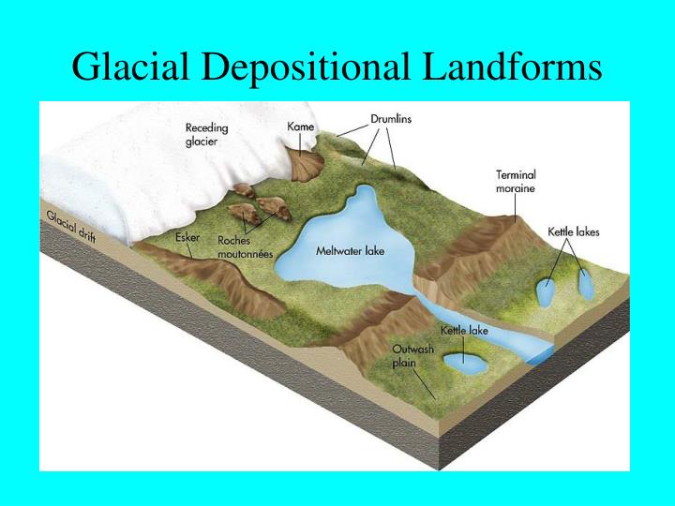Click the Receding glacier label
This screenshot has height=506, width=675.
point(206,135)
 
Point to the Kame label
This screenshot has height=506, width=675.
point(300,126)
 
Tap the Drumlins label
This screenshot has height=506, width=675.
point(391,119)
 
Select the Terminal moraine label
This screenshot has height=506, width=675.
point(516,181)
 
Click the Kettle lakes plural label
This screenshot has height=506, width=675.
point(573,231)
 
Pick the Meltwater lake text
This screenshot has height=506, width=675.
point(350,250)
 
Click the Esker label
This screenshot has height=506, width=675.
point(187,237)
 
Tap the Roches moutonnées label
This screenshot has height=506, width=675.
point(247,246)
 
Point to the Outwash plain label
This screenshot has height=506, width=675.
point(412,356)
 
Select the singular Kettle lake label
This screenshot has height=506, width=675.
point(464,331)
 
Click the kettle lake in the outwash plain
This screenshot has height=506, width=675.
point(464,360)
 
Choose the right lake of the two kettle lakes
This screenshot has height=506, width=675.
point(586,283)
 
